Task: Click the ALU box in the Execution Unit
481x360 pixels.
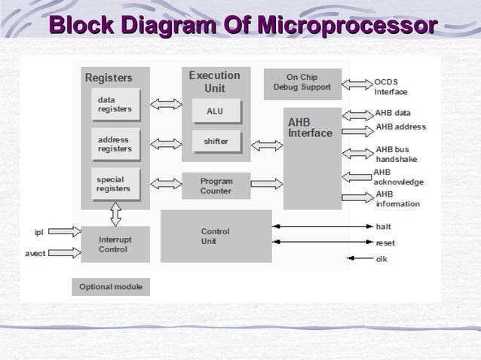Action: coord(215,111)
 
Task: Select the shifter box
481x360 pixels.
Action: coord(215,142)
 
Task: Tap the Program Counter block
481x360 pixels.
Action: coord(216,186)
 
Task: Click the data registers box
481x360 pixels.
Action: coord(115,104)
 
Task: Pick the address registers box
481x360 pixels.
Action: coord(115,144)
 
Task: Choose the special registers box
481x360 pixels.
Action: coord(115,185)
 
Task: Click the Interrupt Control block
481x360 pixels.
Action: coord(115,244)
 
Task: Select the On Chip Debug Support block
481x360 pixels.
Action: coord(302,82)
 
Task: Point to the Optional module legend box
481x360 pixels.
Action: coord(111,288)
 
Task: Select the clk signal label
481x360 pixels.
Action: coord(381,259)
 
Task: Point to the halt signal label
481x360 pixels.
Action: coord(383,226)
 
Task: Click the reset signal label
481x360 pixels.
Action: coord(384,243)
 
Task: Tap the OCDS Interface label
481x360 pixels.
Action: coord(391,87)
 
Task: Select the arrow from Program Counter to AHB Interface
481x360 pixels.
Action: coord(267,184)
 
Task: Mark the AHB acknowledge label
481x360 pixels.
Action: coord(398,177)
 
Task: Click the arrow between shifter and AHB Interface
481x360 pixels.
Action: coord(267,145)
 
